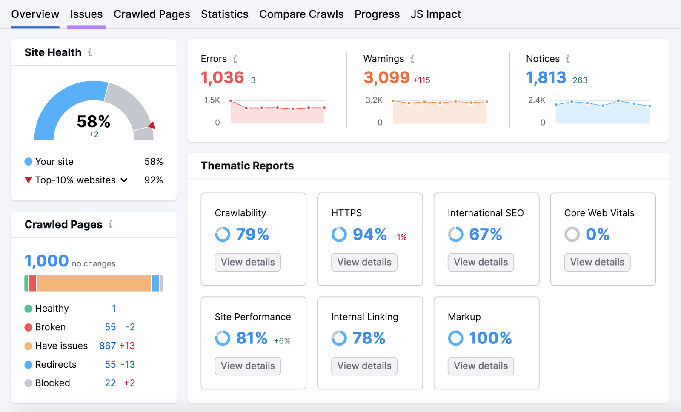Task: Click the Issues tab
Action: pos(86,14)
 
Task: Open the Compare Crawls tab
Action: pos(301,14)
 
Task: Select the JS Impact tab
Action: pos(435,14)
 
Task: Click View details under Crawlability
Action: pos(248,262)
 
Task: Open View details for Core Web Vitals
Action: pos(597,262)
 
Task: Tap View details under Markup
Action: pos(481,366)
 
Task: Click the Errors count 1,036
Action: pos(222,77)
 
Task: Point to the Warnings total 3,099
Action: pos(386,77)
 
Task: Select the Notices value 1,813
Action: pos(546,77)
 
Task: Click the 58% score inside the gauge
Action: pos(94,122)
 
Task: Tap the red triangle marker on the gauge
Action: pos(152,125)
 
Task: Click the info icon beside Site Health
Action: pos(90,52)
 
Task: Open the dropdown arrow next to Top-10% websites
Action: pos(124,180)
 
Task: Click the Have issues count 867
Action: pos(107,346)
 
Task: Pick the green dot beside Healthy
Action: pos(29,309)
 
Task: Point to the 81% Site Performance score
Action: pos(252,338)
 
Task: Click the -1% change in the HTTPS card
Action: pos(400,237)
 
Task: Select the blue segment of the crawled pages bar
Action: pos(155,283)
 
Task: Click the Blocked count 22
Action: pos(110,383)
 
